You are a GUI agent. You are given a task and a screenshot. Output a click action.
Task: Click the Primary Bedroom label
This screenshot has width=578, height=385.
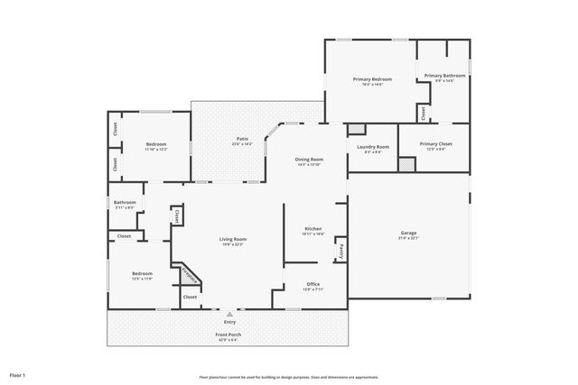tap(372, 79)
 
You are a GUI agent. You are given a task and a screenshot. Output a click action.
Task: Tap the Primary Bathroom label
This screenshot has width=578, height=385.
tap(444, 76)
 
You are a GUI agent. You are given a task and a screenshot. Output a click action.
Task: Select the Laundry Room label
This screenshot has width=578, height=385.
tap(373, 147)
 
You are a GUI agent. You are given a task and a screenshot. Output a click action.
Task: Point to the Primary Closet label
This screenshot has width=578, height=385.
tap(436, 143)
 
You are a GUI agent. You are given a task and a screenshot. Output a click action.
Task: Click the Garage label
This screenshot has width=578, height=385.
tap(408, 233)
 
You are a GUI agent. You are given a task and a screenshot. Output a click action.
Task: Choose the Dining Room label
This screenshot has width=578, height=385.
tap(309, 160)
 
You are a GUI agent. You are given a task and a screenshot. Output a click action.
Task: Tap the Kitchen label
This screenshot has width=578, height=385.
tap(313, 229)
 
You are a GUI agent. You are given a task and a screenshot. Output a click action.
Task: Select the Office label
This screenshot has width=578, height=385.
tap(312, 284)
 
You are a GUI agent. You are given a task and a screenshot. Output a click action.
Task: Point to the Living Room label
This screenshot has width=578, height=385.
tap(233, 239)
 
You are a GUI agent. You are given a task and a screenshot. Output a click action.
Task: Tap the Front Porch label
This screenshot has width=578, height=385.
tap(228, 335)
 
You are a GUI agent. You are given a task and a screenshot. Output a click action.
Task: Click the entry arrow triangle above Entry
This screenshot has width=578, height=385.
tap(229, 313)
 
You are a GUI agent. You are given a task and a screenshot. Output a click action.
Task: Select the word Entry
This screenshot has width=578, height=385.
tap(229, 322)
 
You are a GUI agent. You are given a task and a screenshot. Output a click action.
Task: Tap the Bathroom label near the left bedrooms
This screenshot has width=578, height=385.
tap(125, 202)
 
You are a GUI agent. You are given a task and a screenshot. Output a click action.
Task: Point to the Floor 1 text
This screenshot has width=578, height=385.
tap(17, 374)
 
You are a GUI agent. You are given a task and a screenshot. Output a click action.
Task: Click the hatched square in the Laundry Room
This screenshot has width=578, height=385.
tap(357, 129)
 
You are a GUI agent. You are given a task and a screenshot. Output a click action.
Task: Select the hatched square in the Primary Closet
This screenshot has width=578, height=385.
tap(408, 164)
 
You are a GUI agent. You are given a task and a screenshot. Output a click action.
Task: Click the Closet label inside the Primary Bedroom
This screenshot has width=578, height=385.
tap(423, 113)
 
